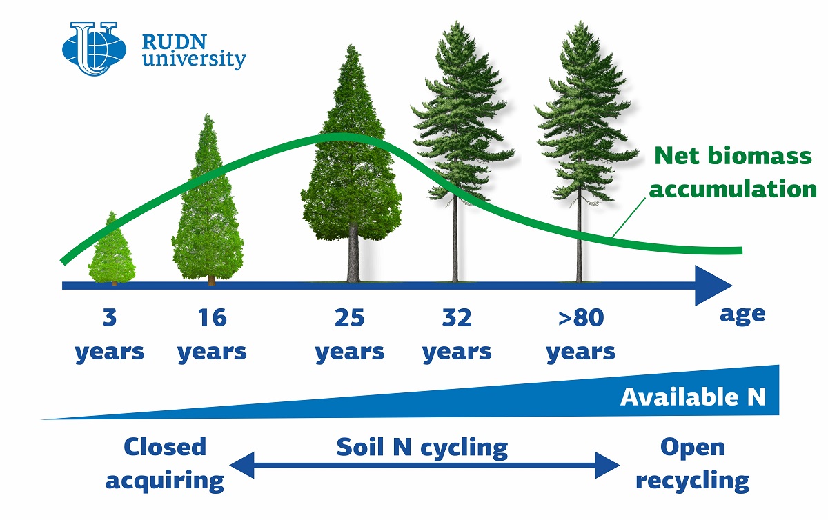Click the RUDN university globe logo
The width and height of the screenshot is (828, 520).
pyautogui.click(x=95, y=49)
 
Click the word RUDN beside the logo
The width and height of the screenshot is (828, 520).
pyautogui.click(x=174, y=42)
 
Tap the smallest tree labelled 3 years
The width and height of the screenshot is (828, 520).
pyautogui.click(x=112, y=248)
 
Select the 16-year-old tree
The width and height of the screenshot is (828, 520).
pyautogui.click(x=208, y=199)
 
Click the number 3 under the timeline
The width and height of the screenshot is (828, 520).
pyautogui.click(x=110, y=317)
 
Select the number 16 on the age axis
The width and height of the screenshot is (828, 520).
pyautogui.click(x=212, y=317)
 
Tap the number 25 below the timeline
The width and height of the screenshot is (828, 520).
pyautogui.click(x=349, y=317)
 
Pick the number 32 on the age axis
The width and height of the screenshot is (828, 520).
pyautogui.click(x=457, y=317)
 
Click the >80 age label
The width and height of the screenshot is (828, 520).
pyautogui.click(x=581, y=317)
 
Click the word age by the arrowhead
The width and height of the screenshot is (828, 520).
pyautogui.click(x=742, y=315)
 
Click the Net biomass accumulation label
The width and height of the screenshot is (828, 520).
pyautogui.click(x=733, y=172)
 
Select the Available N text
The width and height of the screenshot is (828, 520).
pyautogui.click(x=693, y=397)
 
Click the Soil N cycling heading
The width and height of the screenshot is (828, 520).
pyautogui.click(x=422, y=448)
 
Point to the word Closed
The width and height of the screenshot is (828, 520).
pyautogui.click(x=165, y=446)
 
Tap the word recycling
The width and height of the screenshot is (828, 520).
pyautogui.click(x=692, y=481)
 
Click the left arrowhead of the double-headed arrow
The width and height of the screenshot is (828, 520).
pyautogui.click(x=241, y=465)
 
